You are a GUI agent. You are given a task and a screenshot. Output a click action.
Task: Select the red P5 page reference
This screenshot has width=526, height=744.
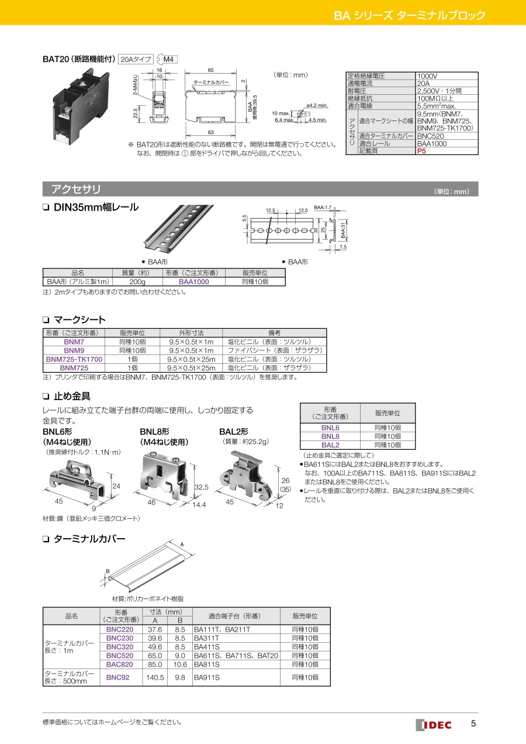tap(421, 151)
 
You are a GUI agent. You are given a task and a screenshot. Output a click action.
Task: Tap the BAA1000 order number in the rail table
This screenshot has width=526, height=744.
tap(194, 282)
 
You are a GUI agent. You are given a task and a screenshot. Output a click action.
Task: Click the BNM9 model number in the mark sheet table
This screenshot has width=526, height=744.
tap(74, 350)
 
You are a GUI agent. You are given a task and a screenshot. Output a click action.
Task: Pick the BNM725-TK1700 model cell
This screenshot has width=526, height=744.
tap(74, 359)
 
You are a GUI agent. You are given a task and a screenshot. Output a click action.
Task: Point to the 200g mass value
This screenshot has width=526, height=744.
tap(137, 282)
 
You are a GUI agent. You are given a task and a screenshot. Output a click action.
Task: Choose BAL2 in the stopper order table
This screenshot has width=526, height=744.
tap(330, 445)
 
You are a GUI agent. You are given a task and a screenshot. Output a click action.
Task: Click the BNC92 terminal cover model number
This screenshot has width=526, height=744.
tap(118, 677)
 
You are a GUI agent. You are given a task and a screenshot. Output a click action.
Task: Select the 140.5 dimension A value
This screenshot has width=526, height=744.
tap(155, 677)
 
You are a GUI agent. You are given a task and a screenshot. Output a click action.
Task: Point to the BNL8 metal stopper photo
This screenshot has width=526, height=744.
tap(161, 476)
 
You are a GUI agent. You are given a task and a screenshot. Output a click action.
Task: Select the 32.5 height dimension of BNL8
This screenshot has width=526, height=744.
tap(202, 487)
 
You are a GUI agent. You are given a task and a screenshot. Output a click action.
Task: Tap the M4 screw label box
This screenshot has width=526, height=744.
tap(168, 59)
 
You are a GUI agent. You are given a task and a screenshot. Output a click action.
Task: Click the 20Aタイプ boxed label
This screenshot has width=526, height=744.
tap(136, 59)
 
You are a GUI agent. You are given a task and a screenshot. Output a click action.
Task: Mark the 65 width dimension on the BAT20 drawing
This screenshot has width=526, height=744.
tap(211, 70)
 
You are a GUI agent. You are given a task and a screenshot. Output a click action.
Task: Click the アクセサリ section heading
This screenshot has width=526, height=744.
tap(76, 189)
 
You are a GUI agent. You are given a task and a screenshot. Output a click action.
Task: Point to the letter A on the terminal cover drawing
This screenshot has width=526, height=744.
tap(182, 545)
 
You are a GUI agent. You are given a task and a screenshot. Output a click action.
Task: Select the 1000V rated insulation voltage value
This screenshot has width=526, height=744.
tap(427, 76)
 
